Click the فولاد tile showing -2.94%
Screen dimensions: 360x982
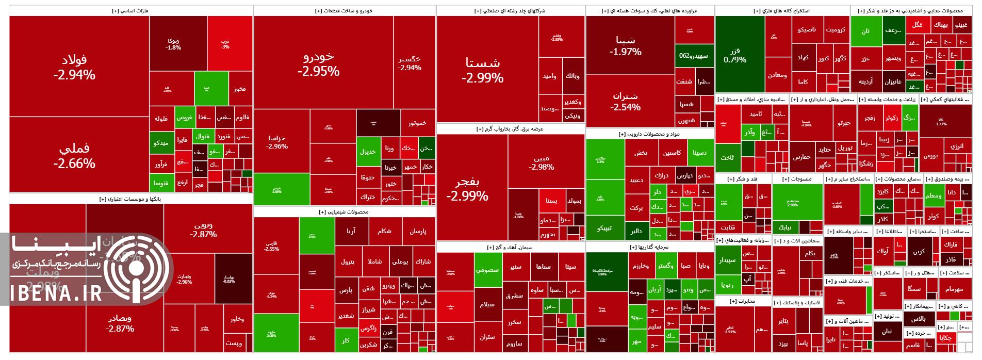coord(74,67)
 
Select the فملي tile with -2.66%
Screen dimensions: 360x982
coord(74,155)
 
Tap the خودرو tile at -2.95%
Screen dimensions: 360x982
coord(319,63)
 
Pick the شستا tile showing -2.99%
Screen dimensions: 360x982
coord(482,70)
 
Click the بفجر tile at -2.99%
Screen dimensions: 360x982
coord(467,189)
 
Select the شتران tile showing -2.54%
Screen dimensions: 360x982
coord(625,101)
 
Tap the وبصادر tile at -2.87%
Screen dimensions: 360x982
coord(120,323)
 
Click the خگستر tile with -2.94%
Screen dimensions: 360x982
coord(410,63)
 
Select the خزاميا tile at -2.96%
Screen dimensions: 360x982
coord(277,142)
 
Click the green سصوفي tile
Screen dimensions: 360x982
coord(487,269)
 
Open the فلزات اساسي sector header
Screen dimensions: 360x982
coord(130,10)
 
